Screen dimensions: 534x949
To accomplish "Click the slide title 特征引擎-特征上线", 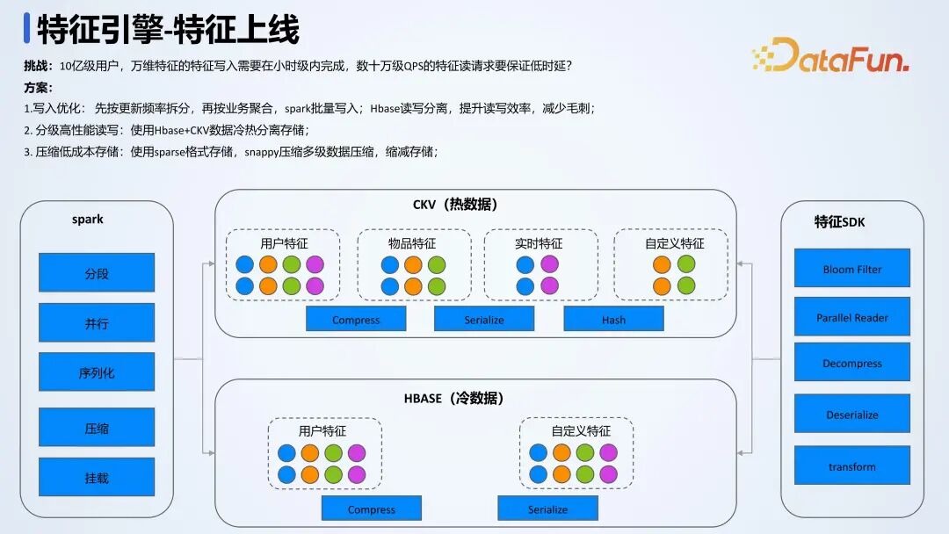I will (x=168, y=30).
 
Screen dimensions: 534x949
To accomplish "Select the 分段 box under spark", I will (x=97, y=273).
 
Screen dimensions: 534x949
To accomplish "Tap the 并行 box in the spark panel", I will (x=97, y=323).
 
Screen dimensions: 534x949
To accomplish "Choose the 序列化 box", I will (x=97, y=372).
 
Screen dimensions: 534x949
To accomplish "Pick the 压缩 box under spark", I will (x=97, y=428).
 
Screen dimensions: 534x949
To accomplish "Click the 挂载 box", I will (x=97, y=478).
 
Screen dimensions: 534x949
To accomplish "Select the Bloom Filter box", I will (x=851, y=269).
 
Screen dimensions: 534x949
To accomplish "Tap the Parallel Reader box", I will (x=851, y=317).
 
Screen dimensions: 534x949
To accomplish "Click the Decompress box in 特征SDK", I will (x=851, y=363).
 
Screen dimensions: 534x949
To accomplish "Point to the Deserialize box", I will (x=851, y=415).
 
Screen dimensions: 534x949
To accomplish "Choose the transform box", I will (x=851, y=466).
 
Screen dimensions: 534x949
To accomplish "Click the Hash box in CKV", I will (x=613, y=320).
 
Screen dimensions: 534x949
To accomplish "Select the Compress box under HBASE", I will (x=371, y=509).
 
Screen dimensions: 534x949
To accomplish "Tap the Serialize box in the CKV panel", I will (x=484, y=320).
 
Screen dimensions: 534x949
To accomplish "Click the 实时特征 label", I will (x=539, y=243).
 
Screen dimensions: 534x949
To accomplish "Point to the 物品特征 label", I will (x=412, y=243).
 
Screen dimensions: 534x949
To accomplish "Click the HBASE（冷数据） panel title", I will (x=454, y=398).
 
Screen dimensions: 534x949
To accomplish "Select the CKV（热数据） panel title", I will (x=455, y=205).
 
